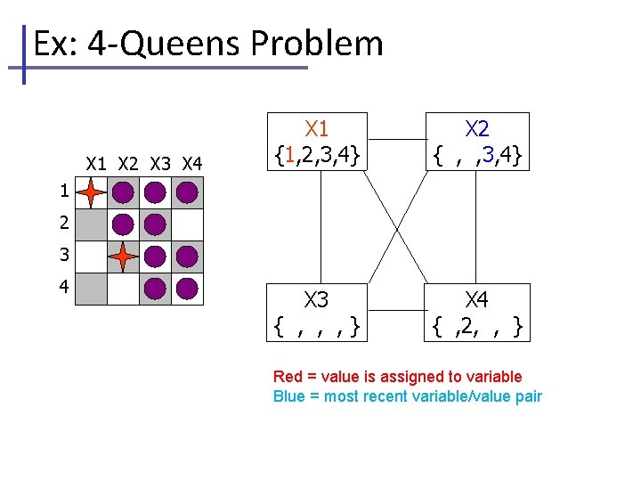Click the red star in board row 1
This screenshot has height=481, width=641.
tap(91, 192)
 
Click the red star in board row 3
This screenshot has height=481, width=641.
tap(123, 257)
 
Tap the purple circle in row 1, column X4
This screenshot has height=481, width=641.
tap(187, 192)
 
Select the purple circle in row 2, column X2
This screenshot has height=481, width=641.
tap(123, 224)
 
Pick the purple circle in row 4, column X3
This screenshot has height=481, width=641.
tap(155, 289)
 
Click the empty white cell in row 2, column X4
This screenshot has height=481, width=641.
tap(187, 224)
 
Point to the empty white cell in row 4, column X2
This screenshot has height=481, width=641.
tap(123, 289)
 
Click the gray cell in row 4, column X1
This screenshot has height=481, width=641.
tap(91, 289)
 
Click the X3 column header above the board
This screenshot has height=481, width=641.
tap(161, 164)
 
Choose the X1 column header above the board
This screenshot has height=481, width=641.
tap(97, 164)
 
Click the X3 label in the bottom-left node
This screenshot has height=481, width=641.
tap(317, 299)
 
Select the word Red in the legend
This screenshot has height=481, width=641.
tap(288, 377)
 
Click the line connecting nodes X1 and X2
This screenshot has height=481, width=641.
tap(397, 140)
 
